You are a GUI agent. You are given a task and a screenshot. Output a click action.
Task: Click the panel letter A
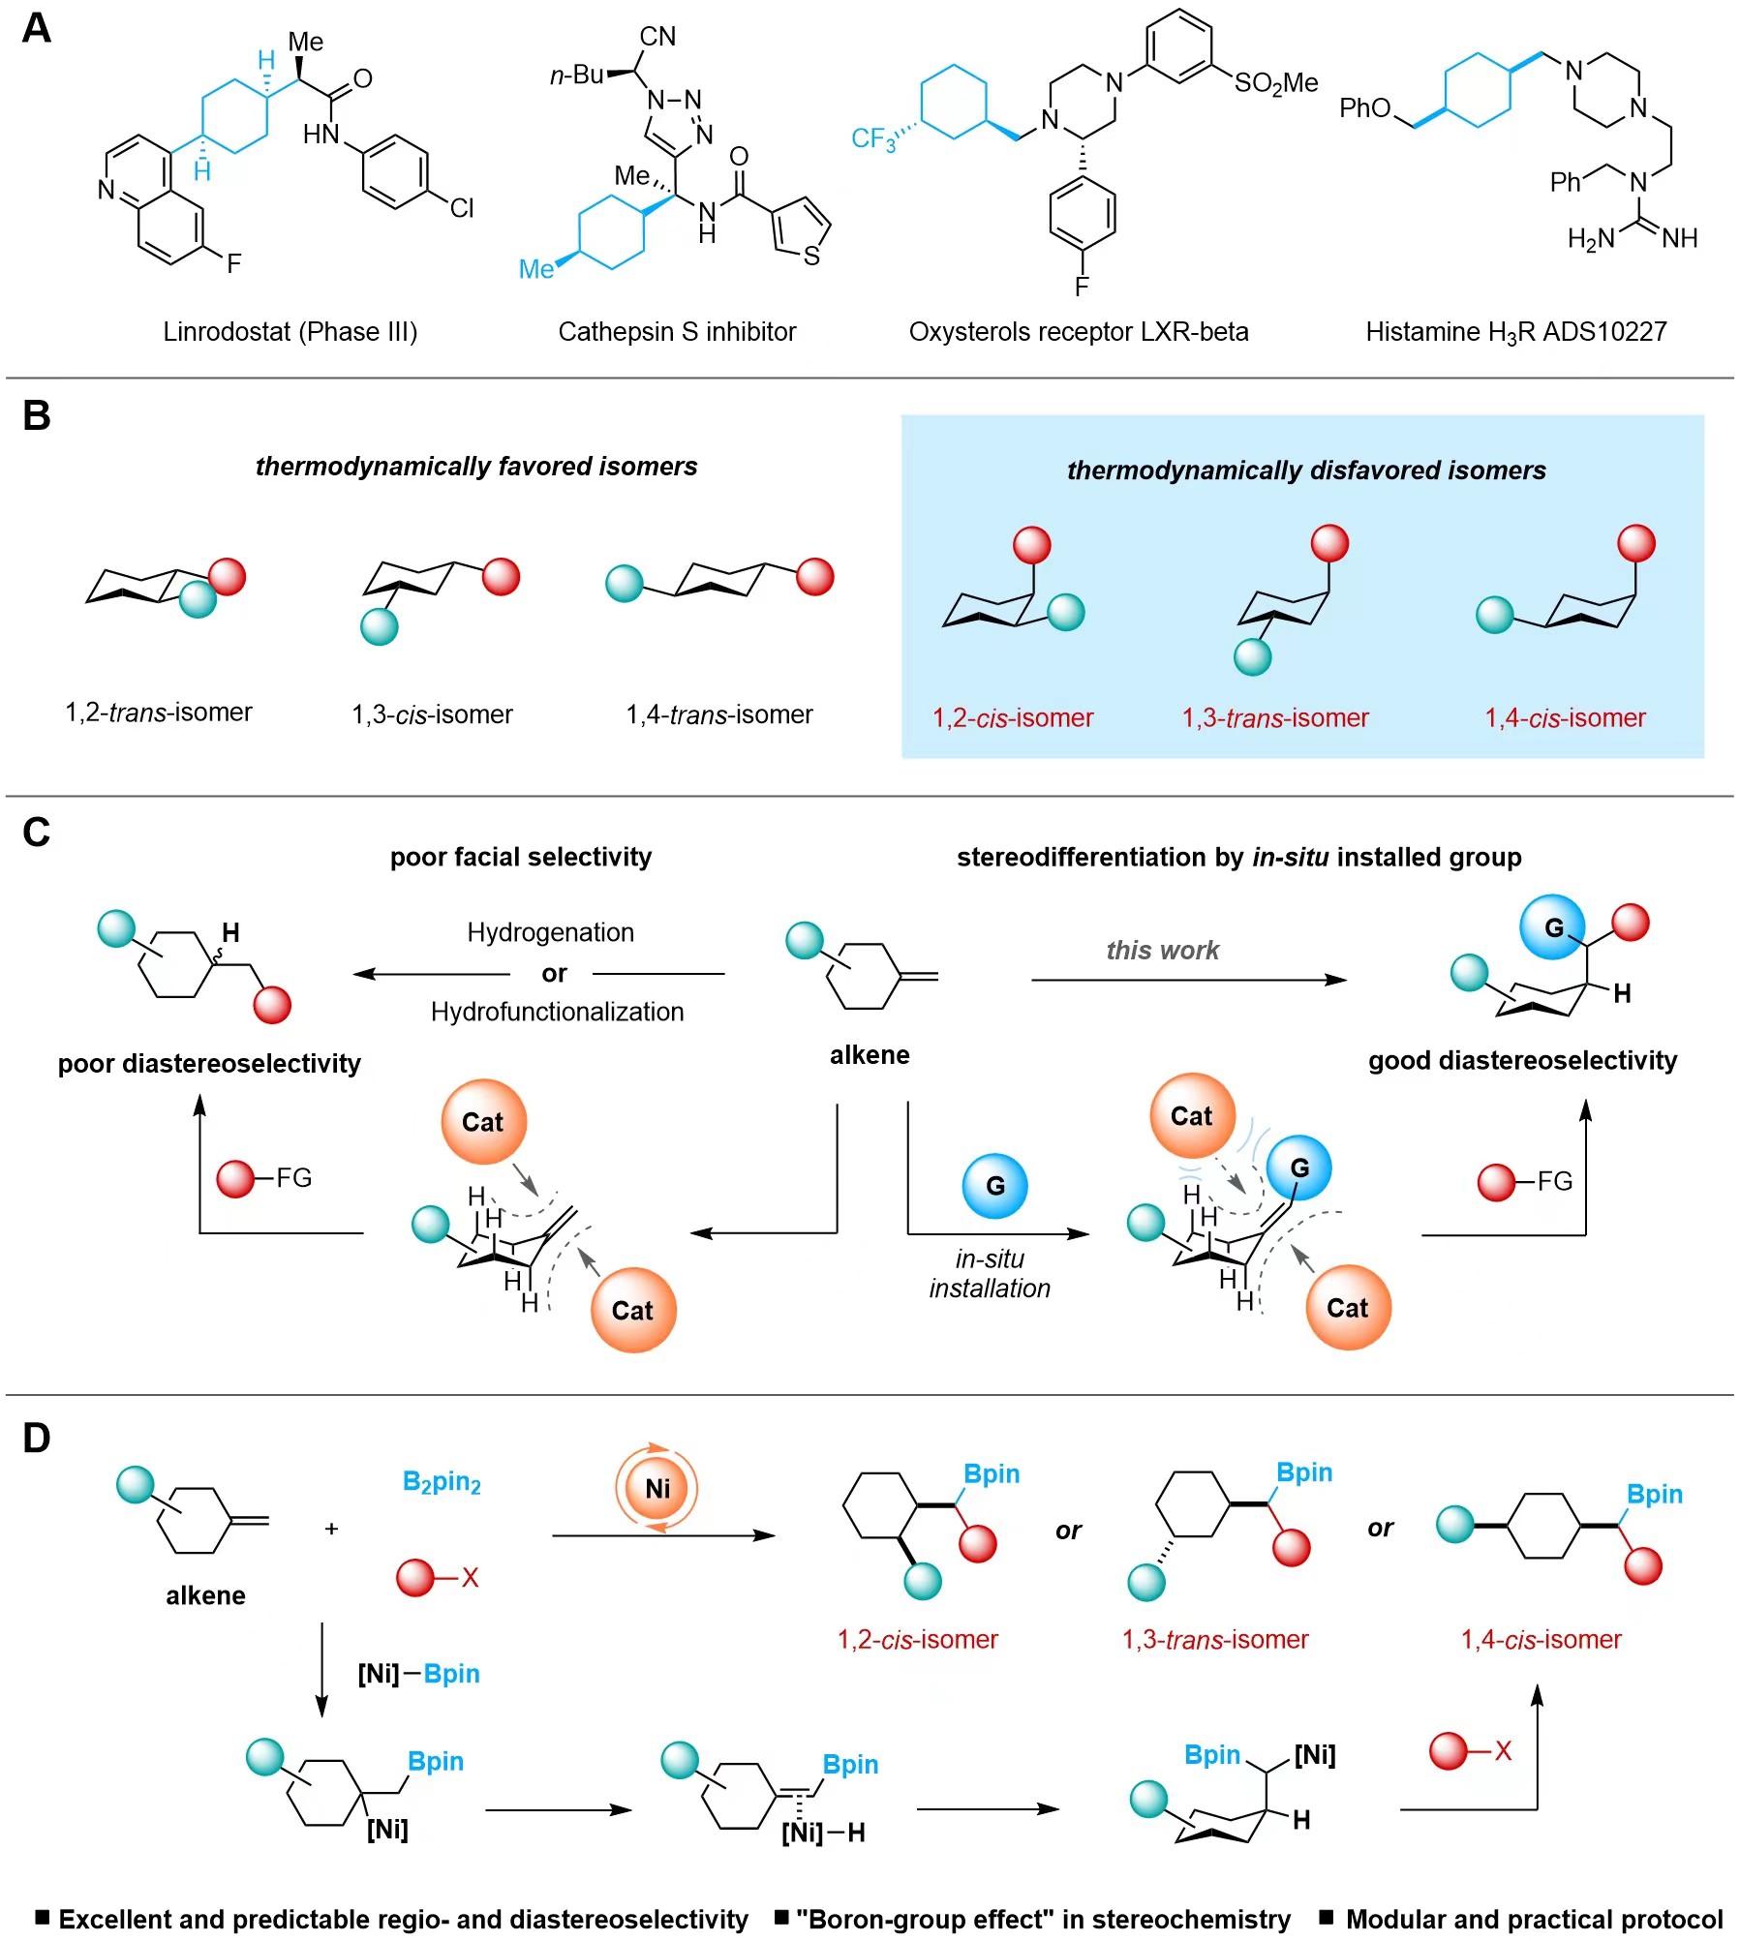(x=36, y=28)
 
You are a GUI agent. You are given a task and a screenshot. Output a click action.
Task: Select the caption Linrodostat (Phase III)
(x=290, y=332)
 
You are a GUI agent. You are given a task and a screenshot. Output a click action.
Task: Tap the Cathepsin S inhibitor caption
(x=677, y=332)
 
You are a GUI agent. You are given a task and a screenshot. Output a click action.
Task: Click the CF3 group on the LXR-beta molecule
(x=873, y=138)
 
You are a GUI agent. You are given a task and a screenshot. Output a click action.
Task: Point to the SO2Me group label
(x=1275, y=83)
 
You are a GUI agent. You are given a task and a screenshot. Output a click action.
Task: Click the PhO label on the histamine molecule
(x=1364, y=107)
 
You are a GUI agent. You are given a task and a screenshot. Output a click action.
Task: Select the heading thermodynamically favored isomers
(x=475, y=467)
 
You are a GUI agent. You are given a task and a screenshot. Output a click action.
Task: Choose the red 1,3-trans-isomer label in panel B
(x=1275, y=717)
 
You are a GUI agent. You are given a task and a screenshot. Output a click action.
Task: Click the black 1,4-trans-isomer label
(x=718, y=714)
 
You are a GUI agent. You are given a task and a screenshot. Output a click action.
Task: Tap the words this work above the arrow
(x=1162, y=950)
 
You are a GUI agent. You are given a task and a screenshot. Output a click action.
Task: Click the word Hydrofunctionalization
(x=557, y=1012)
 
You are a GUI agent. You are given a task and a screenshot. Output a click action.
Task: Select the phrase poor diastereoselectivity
(x=209, y=1063)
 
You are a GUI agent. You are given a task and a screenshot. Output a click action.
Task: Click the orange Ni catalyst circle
(x=656, y=1488)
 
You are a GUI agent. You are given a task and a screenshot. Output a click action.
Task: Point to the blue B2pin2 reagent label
(x=442, y=1482)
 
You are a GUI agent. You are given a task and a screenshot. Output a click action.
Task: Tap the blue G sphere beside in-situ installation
(x=994, y=1185)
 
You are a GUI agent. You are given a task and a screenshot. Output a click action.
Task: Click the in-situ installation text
(x=990, y=1273)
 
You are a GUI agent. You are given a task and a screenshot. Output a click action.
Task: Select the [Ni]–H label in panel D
(x=823, y=1832)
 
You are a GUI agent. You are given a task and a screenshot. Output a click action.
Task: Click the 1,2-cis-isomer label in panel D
(x=917, y=1639)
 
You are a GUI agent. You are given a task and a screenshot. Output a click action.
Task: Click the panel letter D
(x=36, y=1439)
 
